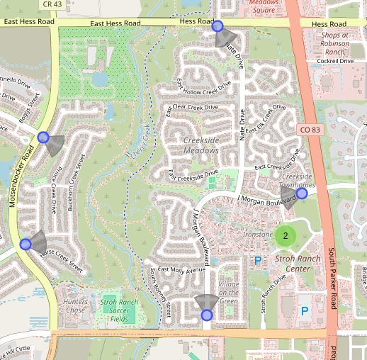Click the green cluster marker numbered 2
coord(286,235)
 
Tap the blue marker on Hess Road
coord(218,26)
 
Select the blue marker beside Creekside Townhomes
coord(302,193)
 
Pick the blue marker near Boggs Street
coord(43,137)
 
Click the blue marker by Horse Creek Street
coord(26,244)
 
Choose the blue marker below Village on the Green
coord(207,314)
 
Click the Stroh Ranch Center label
coord(293,264)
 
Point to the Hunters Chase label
coord(74,306)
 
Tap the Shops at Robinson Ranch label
coord(335,43)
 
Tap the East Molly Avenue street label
coord(181,269)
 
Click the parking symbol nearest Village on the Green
coord(257,261)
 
